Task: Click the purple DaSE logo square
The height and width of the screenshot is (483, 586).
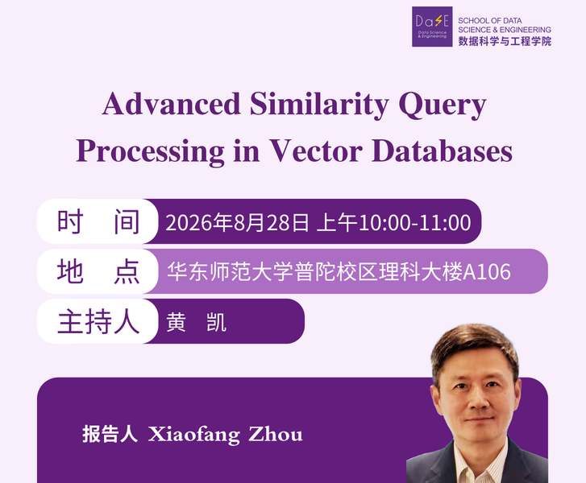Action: pos(432,27)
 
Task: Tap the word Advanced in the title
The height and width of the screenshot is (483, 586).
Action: pos(171,103)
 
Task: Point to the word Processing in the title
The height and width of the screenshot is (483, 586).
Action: pos(150,152)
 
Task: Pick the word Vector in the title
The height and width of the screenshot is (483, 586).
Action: pos(316,151)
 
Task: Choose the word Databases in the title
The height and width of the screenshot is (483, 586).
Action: pos(442,151)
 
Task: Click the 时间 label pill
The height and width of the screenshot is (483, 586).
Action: pos(98,221)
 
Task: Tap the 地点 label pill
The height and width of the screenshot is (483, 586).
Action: pos(98,271)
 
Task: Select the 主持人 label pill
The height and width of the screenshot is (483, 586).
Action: pos(98,321)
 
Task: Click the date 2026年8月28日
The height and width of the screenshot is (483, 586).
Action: pos(237,222)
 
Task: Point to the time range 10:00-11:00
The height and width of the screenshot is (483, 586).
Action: pos(414,222)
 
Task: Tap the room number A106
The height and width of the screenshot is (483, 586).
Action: pos(487,272)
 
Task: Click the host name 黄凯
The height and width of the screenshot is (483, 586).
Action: pos(196,323)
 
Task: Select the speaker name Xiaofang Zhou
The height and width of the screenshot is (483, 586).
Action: pos(225,435)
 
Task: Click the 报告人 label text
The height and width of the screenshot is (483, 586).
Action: pos(110,434)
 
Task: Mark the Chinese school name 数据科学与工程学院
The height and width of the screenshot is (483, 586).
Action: pos(505,41)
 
